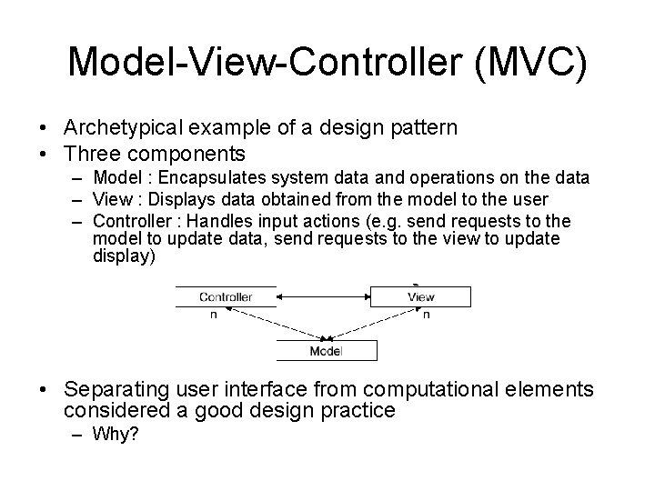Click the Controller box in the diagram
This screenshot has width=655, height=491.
click(x=226, y=296)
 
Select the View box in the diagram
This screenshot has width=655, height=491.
click(x=420, y=296)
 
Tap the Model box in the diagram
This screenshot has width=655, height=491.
click(x=326, y=350)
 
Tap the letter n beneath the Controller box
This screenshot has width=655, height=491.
click(x=214, y=315)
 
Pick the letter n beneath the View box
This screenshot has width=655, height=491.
click(x=428, y=315)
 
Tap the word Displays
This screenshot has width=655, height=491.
click(x=183, y=200)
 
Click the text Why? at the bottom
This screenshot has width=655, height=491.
click(x=116, y=435)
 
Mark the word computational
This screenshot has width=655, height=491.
click(x=442, y=389)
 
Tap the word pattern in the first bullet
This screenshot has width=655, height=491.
click(x=426, y=128)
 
